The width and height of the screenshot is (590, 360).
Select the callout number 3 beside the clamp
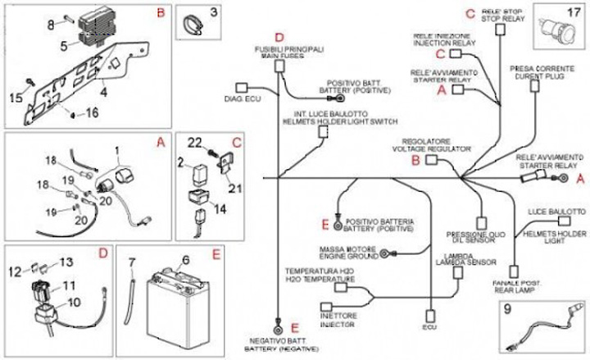pyautogui.click(x=214, y=12)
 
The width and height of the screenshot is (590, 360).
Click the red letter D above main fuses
pyautogui.click(x=279, y=37)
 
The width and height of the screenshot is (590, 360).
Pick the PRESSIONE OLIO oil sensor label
pyautogui.click(x=468, y=235)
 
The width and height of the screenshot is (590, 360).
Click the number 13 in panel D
pyautogui.click(x=67, y=262)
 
